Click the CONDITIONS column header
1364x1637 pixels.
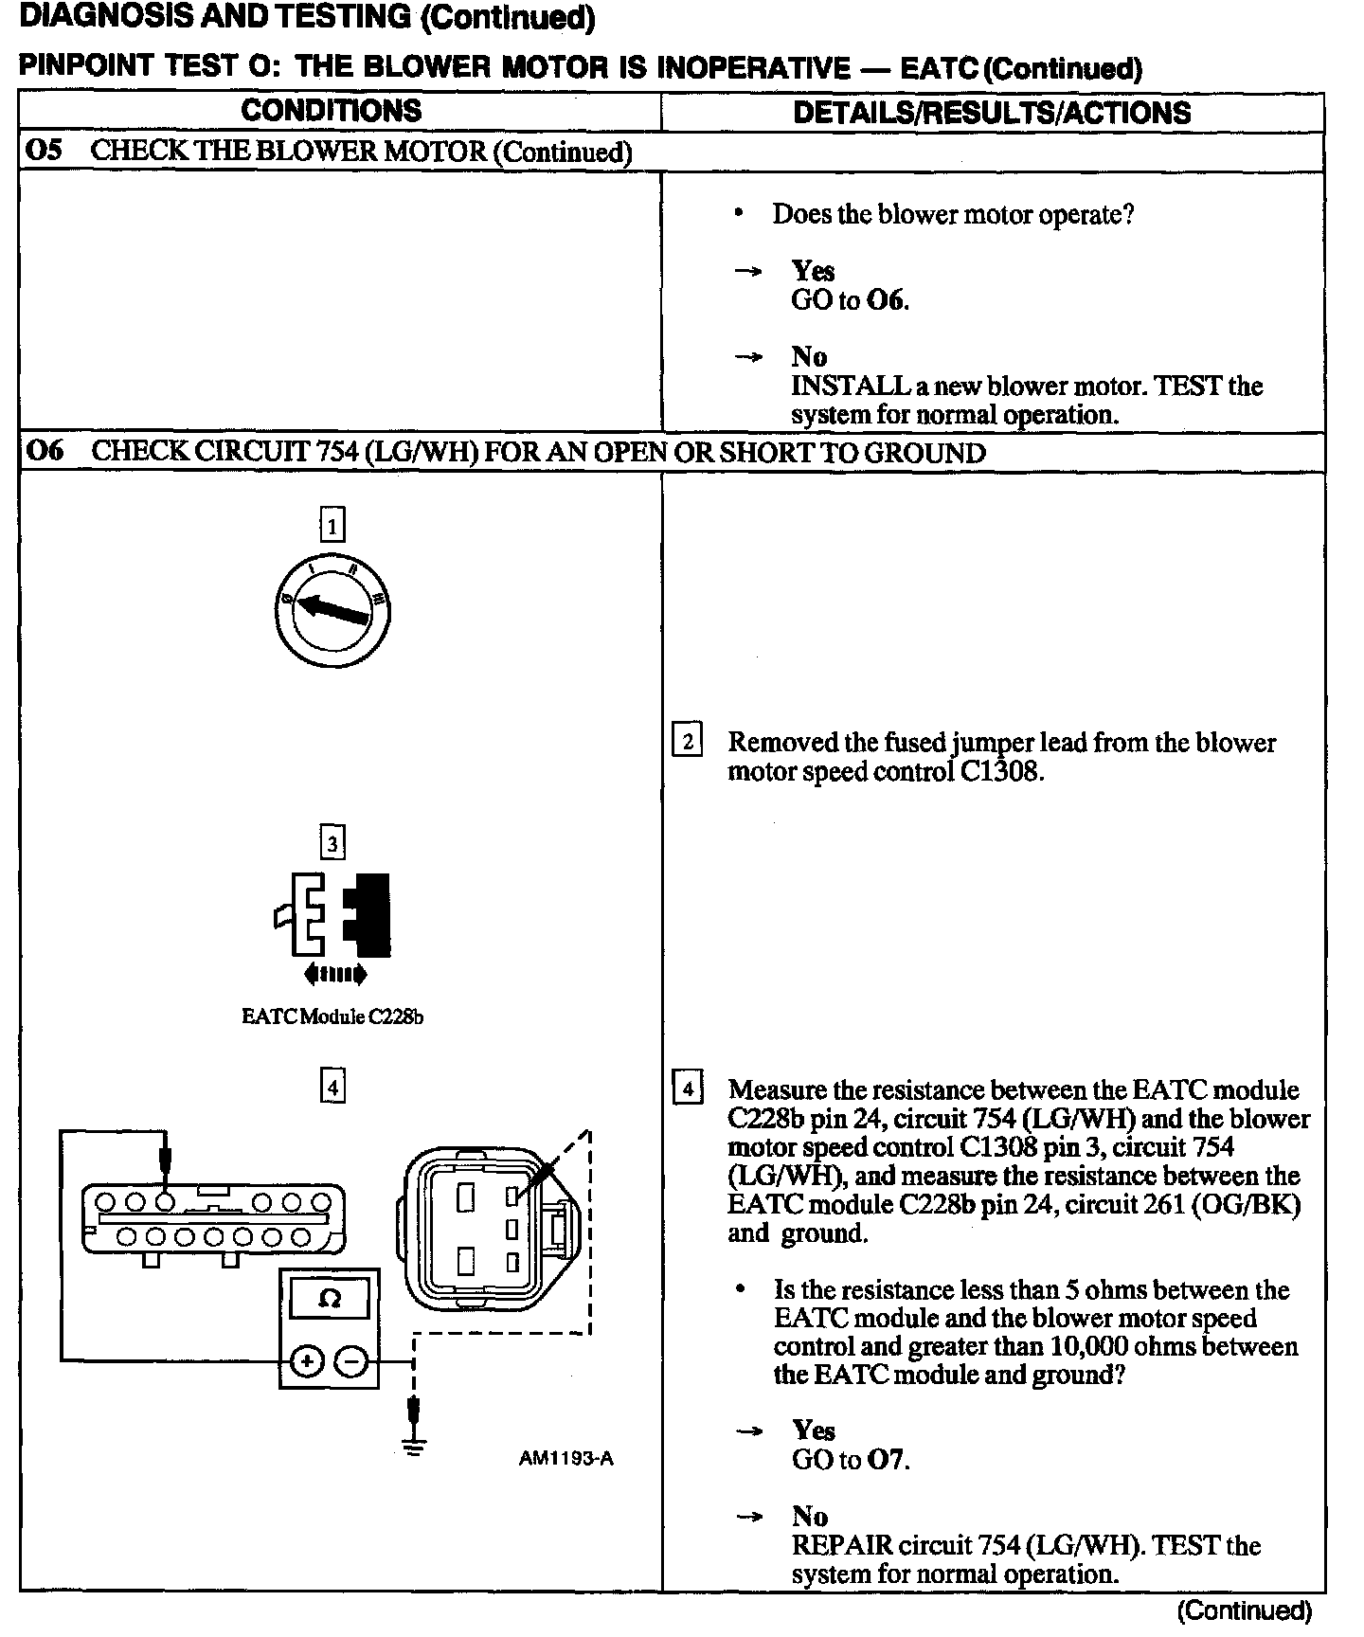point(331,111)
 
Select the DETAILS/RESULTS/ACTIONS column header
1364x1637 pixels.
point(991,113)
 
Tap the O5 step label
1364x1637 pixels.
point(44,152)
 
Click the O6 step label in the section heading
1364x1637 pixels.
point(44,452)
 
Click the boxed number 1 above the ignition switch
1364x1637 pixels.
point(332,524)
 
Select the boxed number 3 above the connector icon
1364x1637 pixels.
point(332,842)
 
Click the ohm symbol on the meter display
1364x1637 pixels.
point(329,1298)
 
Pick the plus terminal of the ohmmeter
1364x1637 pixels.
point(307,1361)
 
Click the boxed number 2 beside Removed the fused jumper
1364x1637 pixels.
point(687,740)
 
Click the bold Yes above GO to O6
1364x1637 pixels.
point(813,272)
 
